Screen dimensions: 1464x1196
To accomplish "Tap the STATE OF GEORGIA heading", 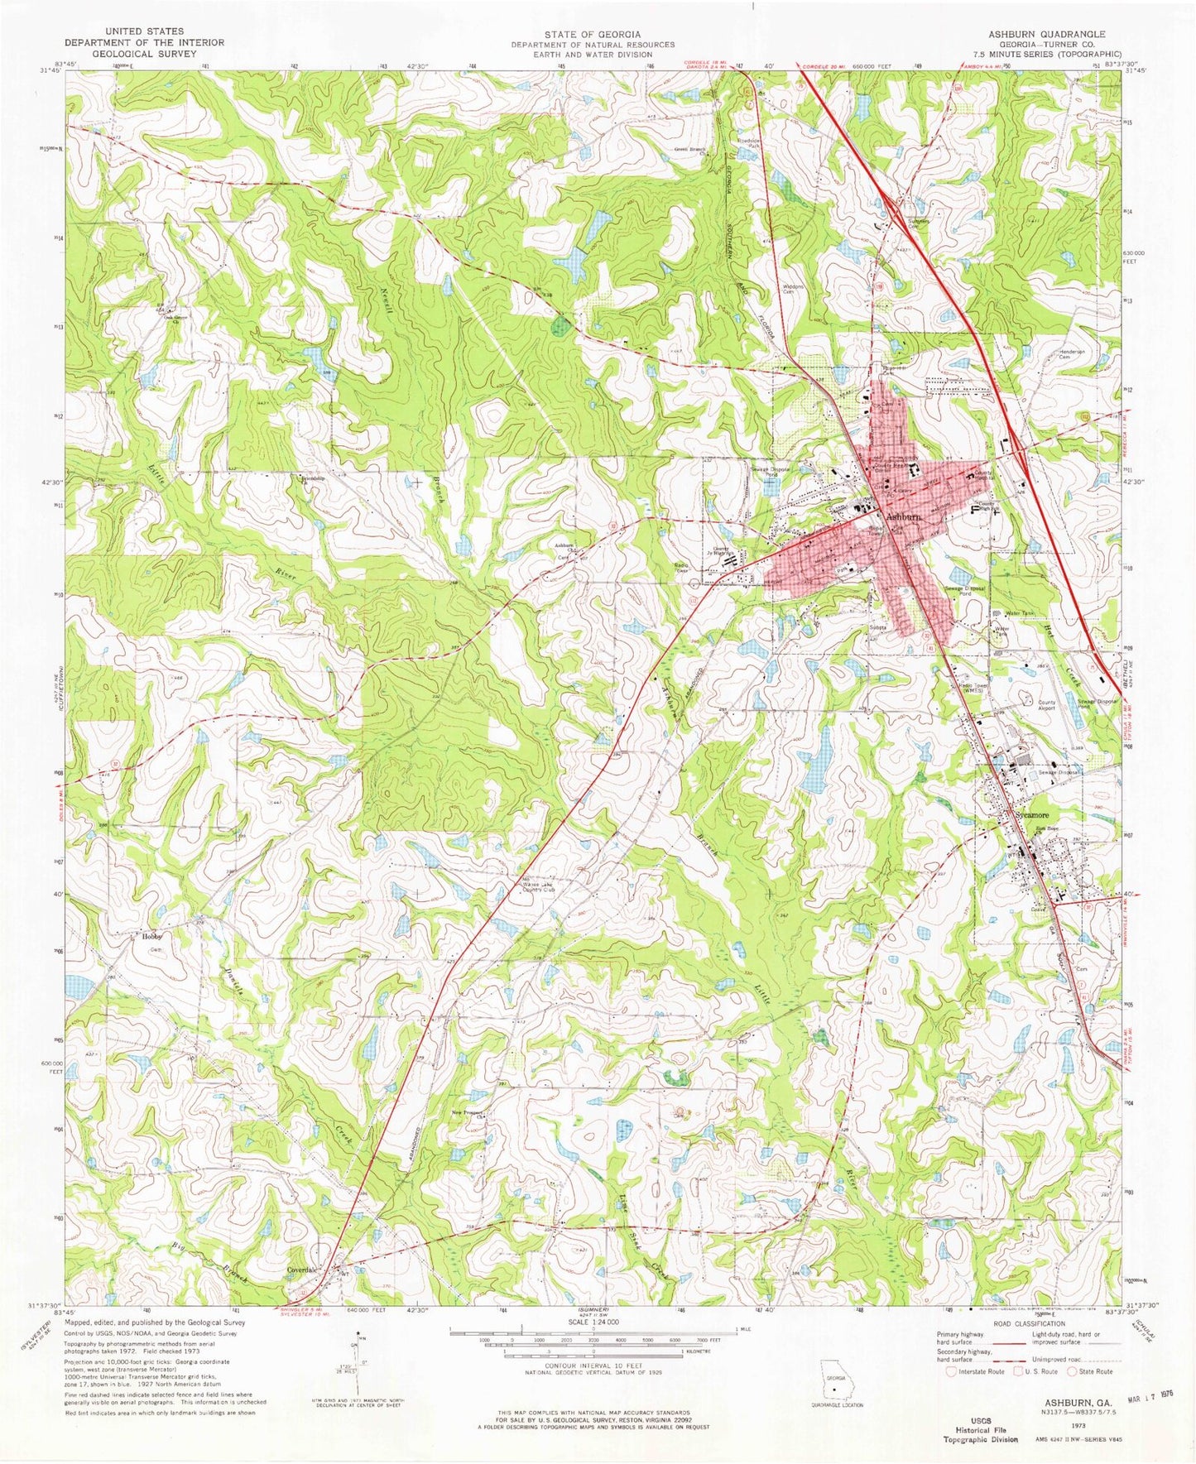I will (x=592, y=34).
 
